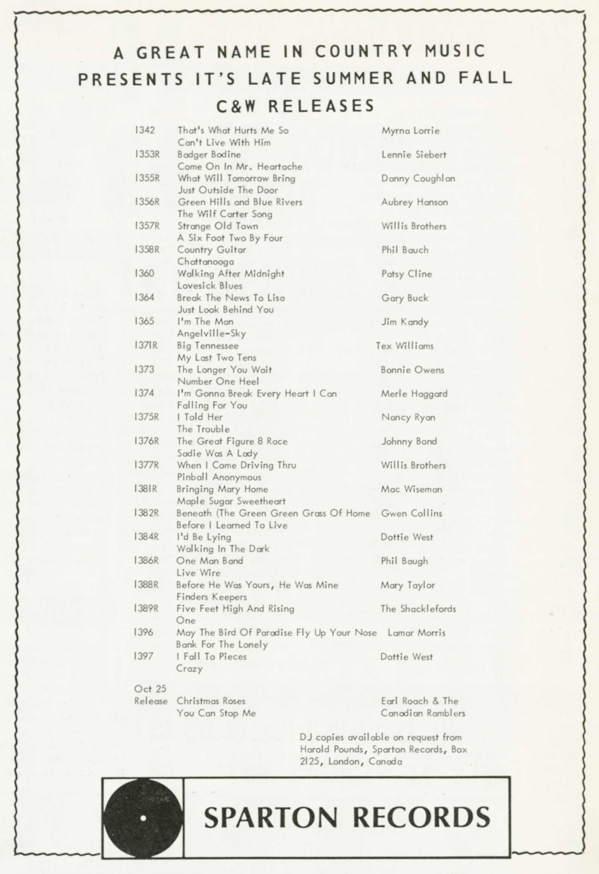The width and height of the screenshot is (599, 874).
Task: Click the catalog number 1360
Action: (144, 273)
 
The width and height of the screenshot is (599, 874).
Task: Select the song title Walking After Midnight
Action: (231, 274)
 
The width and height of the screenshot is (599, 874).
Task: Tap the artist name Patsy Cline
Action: (406, 274)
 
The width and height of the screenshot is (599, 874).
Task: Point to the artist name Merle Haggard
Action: (414, 394)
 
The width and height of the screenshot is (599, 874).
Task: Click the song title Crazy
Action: (189, 669)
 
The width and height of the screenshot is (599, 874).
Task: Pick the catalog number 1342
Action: (145, 130)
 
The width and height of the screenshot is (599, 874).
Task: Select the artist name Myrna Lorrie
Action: (410, 131)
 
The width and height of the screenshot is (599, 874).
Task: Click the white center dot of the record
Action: (143, 818)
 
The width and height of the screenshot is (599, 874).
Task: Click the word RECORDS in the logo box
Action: (421, 817)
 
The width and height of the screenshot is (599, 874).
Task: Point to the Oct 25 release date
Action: (150, 689)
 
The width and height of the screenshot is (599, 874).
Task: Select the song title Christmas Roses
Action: (211, 701)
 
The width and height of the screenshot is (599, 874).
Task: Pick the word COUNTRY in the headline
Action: (364, 52)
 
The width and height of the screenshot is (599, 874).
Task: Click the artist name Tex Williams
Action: (405, 346)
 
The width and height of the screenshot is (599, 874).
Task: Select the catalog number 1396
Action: (143, 632)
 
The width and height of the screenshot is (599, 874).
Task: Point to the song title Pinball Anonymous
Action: (219, 477)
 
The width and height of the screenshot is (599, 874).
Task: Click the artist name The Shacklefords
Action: (418, 609)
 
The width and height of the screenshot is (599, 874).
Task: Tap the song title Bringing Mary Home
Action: (222, 489)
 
